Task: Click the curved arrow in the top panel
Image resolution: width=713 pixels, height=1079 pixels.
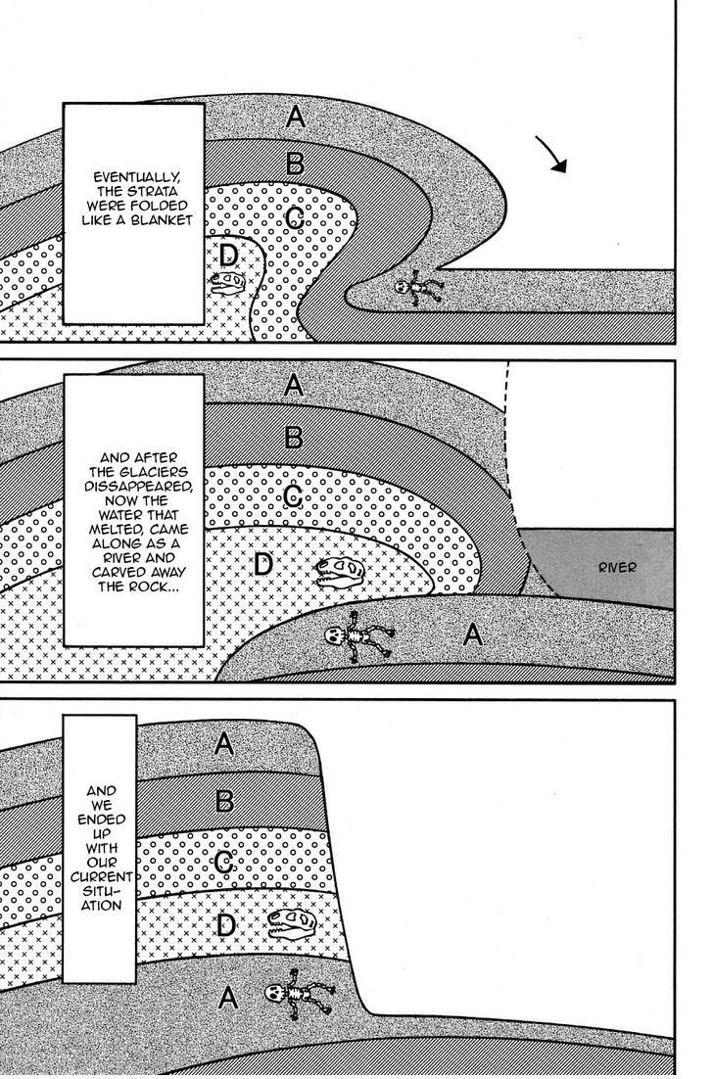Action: pyautogui.click(x=555, y=155)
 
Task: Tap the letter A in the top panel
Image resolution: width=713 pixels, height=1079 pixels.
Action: pyautogui.click(x=296, y=118)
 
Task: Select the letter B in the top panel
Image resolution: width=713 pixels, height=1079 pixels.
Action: pyautogui.click(x=293, y=163)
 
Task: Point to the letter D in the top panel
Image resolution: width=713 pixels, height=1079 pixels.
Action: pyautogui.click(x=228, y=256)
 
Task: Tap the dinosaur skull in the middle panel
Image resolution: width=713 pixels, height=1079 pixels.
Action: pyautogui.click(x=339, y=571)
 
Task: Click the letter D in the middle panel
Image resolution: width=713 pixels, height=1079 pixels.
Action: pyautogui.click(x=262, y=565)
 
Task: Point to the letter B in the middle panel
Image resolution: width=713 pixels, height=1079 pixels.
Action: pyautogui.click(x=292, y=437)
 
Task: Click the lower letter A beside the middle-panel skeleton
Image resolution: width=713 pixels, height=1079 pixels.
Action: pyautogui.click(x=472, y=635)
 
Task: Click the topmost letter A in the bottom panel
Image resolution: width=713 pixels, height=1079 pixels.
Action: pyautogui.click(x=223, y=744)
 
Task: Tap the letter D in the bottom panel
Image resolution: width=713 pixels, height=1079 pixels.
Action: pyautogui.click(x=225, y=925)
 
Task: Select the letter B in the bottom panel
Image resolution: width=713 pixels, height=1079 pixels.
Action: pyautogui.click(x=223, y=802)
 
